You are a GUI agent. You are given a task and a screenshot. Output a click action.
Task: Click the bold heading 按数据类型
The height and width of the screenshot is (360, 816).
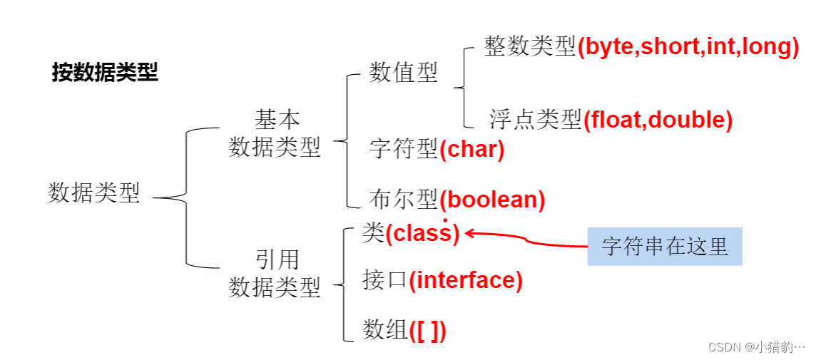(x=105, y=72)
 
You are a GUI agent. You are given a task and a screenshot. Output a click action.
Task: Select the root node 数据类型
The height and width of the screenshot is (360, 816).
(x=94, y=192)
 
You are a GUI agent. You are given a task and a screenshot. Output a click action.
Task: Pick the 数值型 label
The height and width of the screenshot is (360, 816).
(x=404, y=72)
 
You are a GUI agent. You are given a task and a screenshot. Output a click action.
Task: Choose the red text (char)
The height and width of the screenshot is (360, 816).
(x=472, y=150)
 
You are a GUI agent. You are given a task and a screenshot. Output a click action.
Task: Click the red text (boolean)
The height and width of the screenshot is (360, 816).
(x=492, y=200)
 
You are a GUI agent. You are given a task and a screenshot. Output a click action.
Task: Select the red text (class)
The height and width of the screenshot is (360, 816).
(x=423, y=233)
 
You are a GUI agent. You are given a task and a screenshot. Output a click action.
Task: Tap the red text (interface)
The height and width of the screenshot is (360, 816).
(x=466, y=280)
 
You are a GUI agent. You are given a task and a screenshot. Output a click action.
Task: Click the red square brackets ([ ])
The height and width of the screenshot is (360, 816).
(x=428, y=330)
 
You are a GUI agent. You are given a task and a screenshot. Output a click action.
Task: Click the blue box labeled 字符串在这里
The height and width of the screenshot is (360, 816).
(x=665, y=247)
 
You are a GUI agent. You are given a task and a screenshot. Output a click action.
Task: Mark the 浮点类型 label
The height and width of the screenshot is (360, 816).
(x=536, y=119)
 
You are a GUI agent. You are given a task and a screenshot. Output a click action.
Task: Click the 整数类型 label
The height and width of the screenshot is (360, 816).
(x=530, y=47)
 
